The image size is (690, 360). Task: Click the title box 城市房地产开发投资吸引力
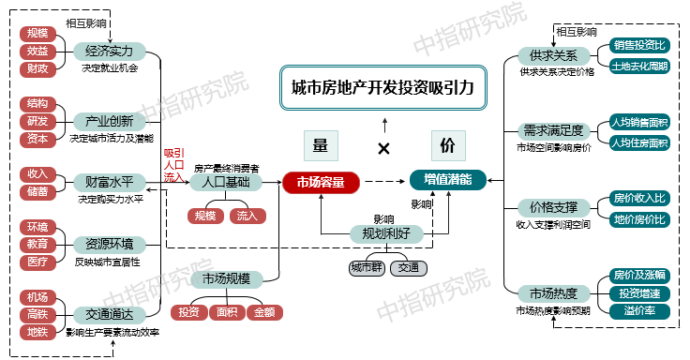pos(383,89)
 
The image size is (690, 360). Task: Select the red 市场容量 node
pos(321,182)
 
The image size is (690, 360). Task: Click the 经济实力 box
pos(109,51)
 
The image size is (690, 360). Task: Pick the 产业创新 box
pos(109,121)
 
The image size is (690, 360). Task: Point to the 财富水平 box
pos(109,182)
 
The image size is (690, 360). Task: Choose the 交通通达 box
pos(109,314)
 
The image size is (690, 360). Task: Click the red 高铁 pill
pos(37,314)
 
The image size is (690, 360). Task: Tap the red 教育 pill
pos(37,244)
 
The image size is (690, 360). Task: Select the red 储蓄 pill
pos(37,192)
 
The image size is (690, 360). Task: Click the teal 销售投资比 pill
pos(639,45)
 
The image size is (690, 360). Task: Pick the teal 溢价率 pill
pos(639,310)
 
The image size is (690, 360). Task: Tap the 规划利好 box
pos(385,232)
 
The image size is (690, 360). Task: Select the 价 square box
pos(447,145)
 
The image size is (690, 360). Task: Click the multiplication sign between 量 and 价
pos(383,148)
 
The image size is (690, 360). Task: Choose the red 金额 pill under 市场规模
pos(262,310)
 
